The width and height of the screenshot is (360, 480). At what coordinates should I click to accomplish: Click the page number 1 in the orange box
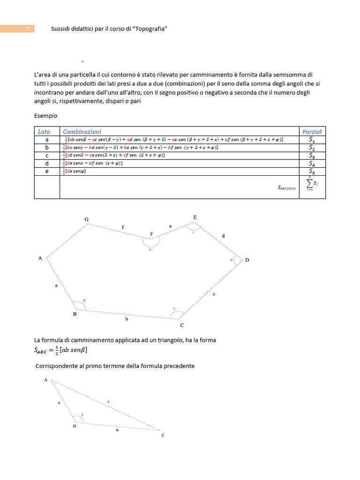(28, 29)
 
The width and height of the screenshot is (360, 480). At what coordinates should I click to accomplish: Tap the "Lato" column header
(44, 132)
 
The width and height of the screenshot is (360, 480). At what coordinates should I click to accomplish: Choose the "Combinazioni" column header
(82, 132)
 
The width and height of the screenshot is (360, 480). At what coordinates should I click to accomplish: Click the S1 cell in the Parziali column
(312, 140)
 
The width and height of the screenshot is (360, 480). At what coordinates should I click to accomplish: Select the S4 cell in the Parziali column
(312, 164)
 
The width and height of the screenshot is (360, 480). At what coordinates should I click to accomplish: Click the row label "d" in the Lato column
(46, 164)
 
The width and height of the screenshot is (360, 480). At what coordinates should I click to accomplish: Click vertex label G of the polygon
(86, 219)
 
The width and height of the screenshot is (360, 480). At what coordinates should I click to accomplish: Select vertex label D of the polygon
(247, 260)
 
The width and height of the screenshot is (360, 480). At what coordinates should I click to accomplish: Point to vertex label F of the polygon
(151, 233)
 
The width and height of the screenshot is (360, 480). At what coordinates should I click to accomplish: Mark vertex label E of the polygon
(195, 217)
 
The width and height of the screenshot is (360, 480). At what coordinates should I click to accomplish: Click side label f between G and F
(123, 227)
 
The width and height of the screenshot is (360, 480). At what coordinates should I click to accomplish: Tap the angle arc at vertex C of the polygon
(175, 312)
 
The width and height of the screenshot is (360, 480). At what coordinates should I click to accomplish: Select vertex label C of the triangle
(163, 435)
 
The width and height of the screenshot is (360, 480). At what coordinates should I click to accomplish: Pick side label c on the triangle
(108, 401)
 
